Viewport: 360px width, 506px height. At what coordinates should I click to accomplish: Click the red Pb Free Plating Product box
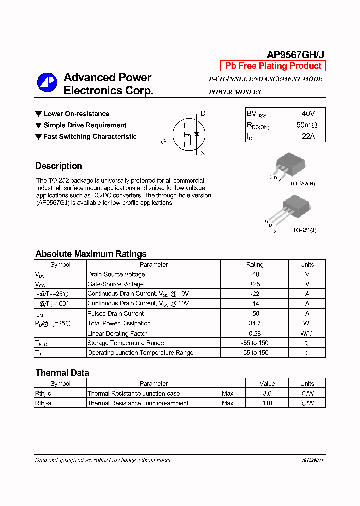tap(273, 66)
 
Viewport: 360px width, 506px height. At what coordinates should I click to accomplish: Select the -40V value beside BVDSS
tap(305, 114)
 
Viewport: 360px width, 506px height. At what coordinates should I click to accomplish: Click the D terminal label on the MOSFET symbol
tap(203, 113)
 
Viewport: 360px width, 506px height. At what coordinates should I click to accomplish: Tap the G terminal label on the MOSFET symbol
tap(163, 142)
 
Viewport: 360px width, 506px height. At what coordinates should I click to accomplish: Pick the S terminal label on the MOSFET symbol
tap(203, 153)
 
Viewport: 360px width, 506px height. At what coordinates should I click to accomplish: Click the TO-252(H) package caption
tap(304, 183)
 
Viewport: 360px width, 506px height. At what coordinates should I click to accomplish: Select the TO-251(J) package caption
tap(304, 230)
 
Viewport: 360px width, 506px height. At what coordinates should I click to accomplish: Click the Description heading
tap(59, 166)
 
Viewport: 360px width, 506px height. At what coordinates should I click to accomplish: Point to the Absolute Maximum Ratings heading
tap(91, 254)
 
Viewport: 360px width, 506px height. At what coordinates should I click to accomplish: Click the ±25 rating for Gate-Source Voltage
tap(255, 284)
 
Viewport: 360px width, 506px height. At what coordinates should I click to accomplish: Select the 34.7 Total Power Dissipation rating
tap(255, 323)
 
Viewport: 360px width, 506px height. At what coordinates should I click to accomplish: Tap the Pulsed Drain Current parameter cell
tap(116, 313)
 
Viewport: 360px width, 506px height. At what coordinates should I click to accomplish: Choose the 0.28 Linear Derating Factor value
tap(255, 333)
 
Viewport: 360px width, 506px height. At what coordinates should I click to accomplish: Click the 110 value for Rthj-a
tap(267, 403)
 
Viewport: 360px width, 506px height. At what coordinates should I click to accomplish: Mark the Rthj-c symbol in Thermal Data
tap(43, 394)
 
